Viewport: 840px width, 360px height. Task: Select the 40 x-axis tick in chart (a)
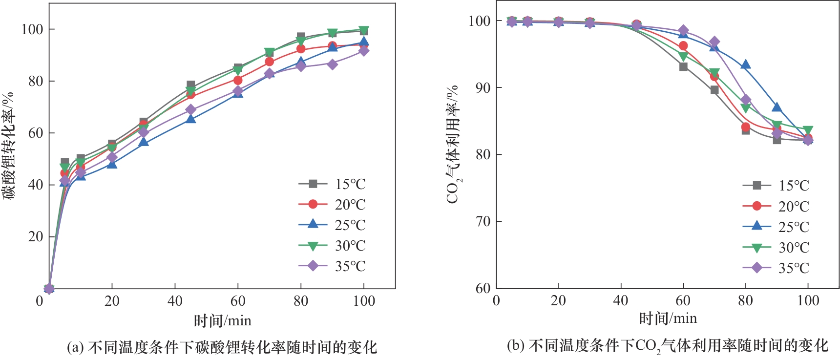tap(175, 301)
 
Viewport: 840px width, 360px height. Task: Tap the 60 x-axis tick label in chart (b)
tap(683, 300)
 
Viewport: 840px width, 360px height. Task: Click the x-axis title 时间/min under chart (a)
tap(222, 321)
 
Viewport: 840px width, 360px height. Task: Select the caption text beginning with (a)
tap(222, 347)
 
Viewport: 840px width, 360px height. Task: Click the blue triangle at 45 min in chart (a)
tap(190, 119)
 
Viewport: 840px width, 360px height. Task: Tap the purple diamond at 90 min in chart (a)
tap(332, 64)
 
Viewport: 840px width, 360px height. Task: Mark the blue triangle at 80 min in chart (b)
tap(745, 65)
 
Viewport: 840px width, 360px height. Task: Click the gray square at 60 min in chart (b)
tap(683, 66)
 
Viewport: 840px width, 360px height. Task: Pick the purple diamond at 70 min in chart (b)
tap(714, 42)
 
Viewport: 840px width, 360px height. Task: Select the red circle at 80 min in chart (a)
tap(301, 49)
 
